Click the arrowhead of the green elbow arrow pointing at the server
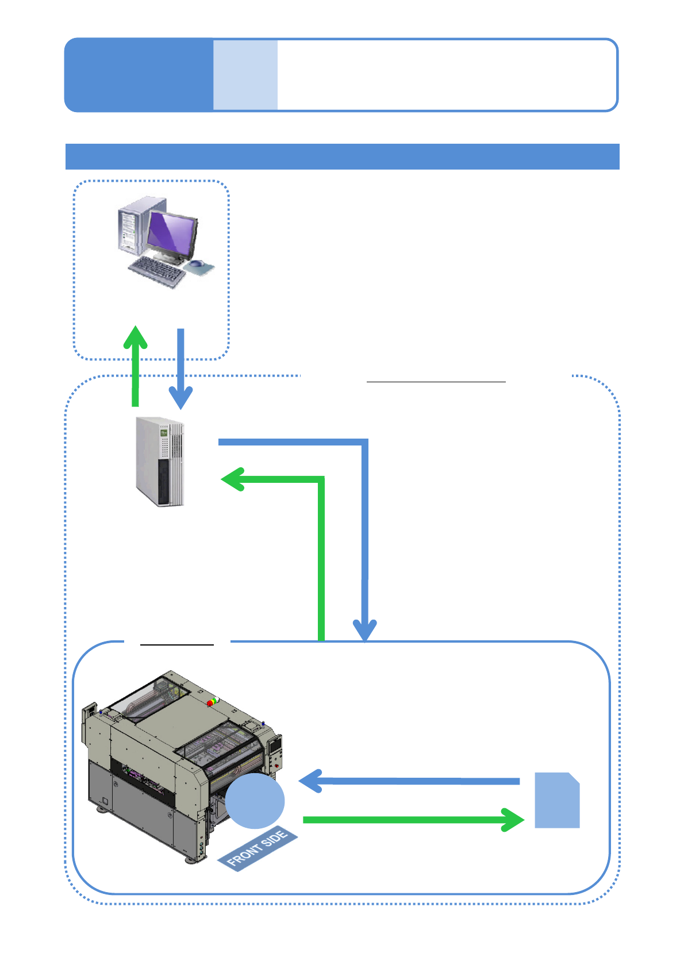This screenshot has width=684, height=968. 233,479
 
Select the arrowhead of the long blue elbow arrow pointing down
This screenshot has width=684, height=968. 364,630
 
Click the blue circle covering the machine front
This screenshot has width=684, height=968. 255,801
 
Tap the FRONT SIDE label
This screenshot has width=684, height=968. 258,848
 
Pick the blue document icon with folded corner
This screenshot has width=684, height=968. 556,800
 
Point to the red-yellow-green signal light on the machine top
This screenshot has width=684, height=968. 213,702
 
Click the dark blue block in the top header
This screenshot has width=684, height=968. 139,75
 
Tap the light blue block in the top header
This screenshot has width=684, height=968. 245,75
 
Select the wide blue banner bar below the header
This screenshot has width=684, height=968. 342,156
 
